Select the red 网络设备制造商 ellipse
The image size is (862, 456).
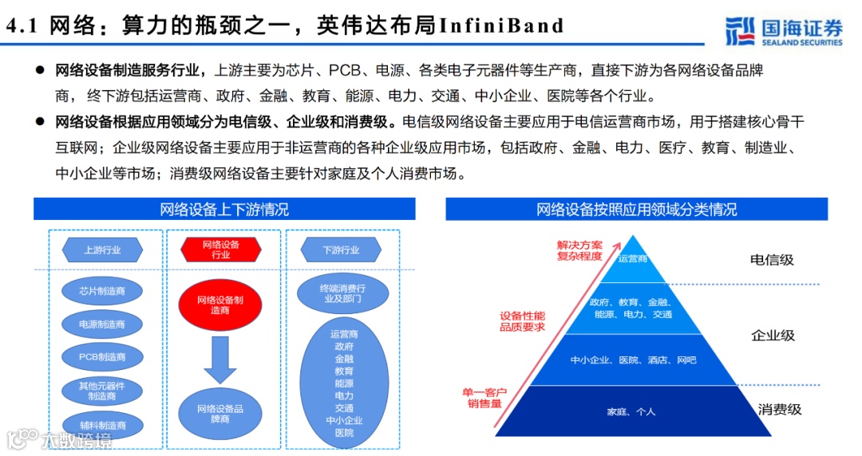point(220,305)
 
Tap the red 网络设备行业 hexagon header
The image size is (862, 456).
point(220,250)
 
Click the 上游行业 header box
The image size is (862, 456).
point(103,250)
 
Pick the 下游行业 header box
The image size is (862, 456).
point(341,250)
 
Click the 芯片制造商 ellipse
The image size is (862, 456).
point(103,292)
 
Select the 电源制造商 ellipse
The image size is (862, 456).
point(103,324)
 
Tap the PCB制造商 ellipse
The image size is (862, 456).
point(103,357)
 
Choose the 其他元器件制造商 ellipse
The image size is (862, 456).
point(103,391)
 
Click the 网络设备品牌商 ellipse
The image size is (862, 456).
point(220,413)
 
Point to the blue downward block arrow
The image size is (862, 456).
point(220,360)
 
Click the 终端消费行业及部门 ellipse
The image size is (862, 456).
point(342,293)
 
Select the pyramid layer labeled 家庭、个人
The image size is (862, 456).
point(631,411)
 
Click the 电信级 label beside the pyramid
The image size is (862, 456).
point(772,260)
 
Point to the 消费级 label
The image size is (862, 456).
point(779,410)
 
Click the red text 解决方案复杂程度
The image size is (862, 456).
point(580,250)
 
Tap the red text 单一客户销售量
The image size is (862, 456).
point(484,398)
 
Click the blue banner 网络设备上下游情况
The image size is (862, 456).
point(224,210)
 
